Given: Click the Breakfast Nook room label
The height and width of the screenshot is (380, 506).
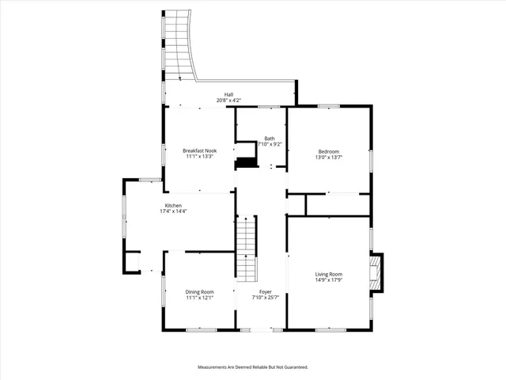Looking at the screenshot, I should [199, 150].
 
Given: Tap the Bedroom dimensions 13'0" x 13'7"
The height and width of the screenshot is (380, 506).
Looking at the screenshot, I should [329, 157].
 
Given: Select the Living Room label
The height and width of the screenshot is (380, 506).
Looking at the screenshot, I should [329, 275].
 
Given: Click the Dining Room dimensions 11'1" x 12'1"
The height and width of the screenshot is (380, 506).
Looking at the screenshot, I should [199, 298].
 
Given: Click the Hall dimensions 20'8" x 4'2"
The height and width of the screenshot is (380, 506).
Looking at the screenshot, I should [228, 101].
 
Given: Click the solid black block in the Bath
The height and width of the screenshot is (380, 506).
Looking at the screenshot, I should [248, 162].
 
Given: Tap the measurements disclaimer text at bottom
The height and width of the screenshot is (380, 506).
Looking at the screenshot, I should [253, 367].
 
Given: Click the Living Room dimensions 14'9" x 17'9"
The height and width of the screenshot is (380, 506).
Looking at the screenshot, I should [329, 281].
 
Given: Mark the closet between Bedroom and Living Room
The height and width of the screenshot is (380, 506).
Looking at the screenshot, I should [338, 204].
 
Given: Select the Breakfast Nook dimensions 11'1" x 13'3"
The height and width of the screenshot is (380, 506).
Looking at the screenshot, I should [199, 157].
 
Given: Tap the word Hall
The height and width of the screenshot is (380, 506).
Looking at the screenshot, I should [228, 94].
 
